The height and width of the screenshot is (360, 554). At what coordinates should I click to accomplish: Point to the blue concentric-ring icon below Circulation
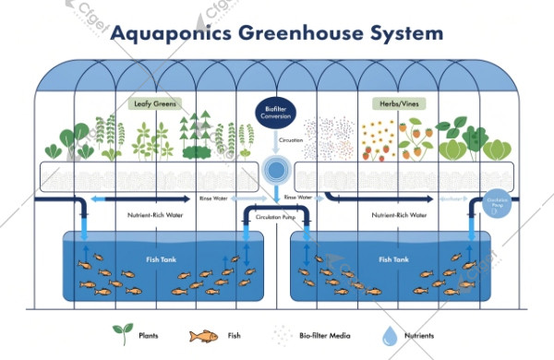(275, 170)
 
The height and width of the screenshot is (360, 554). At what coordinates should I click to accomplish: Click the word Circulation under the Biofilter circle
(275, 141)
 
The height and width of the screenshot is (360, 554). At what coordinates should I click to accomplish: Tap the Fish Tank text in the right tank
(391, 259)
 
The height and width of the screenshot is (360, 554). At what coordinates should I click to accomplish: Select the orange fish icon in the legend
(203, 335)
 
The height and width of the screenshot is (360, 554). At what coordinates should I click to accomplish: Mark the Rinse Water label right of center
(297, 198)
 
